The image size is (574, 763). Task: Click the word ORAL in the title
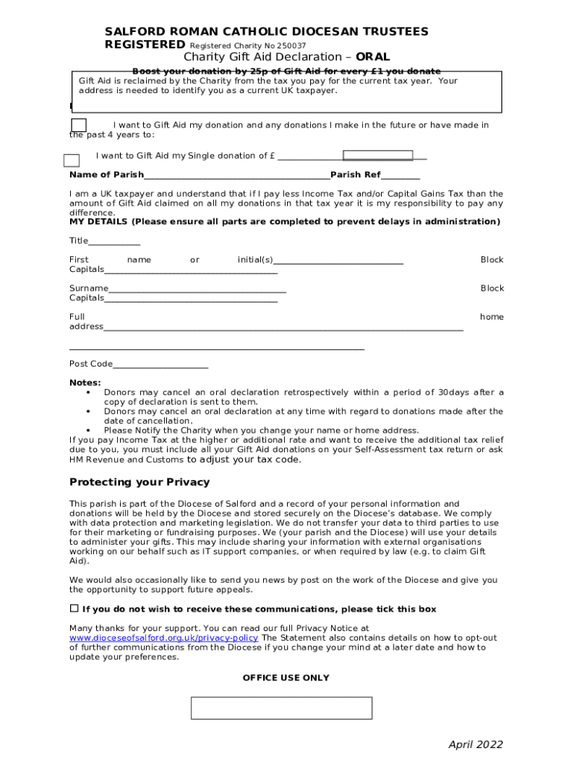click(372, 57)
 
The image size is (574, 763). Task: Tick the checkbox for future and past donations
click(78, 126)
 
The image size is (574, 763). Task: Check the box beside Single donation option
click(72, 160)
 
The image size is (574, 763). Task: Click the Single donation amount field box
click(377, 155)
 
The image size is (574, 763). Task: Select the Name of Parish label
click(107, 175)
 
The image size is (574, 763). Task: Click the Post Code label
click(91, 364)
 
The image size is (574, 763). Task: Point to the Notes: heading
click(85, 383)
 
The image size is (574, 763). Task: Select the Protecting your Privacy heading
click(139, 481)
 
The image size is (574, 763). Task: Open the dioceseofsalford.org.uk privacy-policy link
click(164, 639)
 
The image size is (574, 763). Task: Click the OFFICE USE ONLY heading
click(286, 678)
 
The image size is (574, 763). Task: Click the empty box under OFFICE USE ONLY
click(281, 708)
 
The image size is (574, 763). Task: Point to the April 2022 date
click(475, 744)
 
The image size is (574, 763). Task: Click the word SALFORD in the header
click(131, 31)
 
